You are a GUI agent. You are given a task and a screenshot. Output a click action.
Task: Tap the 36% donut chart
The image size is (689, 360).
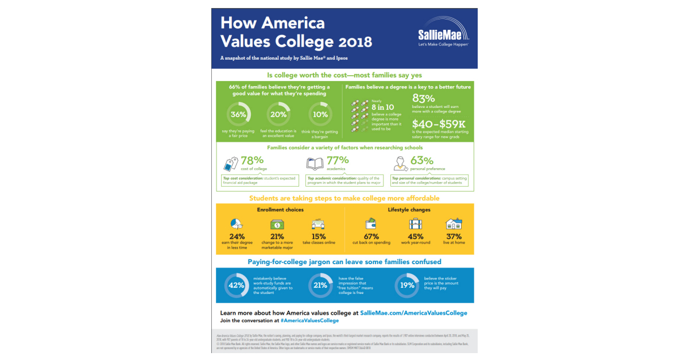point(238,114)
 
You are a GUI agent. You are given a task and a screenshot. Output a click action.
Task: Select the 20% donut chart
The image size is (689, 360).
point(278,114)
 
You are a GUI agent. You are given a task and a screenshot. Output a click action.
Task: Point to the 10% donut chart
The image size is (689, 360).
point(319,114)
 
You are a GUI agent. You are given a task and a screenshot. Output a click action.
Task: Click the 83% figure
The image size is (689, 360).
point(424,99)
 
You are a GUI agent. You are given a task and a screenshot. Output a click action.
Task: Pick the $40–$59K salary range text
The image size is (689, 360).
point(438,125)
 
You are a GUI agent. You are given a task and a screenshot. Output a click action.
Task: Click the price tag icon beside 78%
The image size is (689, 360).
point(231,164)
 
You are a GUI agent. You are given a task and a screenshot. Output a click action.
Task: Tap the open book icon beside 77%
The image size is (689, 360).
point(316,164)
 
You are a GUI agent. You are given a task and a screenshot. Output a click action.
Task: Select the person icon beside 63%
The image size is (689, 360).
point(400,164)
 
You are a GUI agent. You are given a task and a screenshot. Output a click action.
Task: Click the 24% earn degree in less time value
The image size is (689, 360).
point(237,236)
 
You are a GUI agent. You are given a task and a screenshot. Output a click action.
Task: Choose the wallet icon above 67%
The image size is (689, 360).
point(371,224)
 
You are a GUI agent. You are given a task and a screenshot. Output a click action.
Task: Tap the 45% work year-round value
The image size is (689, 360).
point(415,236)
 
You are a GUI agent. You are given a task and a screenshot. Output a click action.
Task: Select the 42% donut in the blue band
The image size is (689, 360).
point(236,285)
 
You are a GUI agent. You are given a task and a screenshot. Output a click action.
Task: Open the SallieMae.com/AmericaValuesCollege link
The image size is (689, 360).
point(413,313)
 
